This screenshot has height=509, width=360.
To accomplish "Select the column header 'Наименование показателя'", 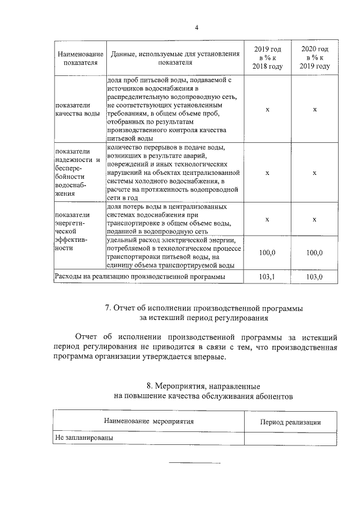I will (79, 58).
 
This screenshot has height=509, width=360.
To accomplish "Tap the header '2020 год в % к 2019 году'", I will (314, 58).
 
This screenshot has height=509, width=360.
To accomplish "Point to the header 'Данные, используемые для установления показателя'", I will (175, 58).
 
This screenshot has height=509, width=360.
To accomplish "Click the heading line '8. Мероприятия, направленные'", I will (202, 386).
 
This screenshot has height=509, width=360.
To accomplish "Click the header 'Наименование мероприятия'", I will (148, 421).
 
